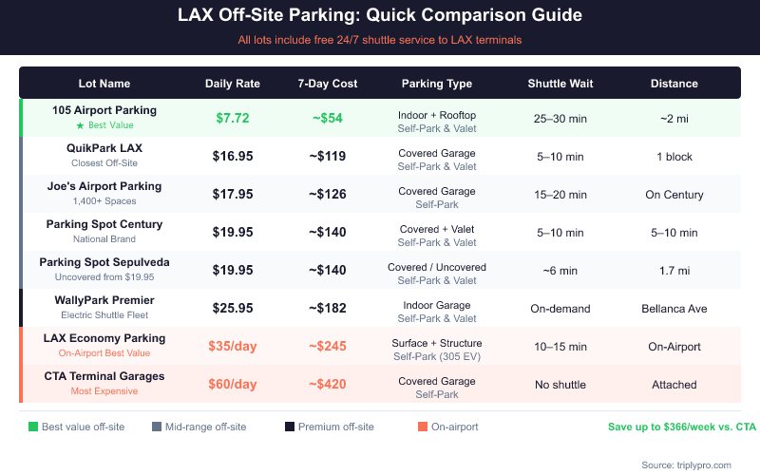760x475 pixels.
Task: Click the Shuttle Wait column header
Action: point(560,84)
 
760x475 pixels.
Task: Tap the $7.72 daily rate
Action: point(232,118)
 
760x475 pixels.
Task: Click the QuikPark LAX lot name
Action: point(104,148)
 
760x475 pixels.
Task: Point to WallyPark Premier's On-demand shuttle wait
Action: point(560,308)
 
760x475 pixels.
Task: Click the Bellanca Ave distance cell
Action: point(674,308)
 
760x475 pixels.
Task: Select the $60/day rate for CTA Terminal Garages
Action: point(232,384)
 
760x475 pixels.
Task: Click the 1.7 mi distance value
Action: point(674,270)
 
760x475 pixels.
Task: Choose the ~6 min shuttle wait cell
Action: point(560,270)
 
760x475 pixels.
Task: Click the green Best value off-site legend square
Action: point(33,427)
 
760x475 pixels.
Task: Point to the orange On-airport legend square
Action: point(421,427)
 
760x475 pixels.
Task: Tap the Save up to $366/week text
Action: point(681,427)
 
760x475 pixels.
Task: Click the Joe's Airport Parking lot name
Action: point(104,186)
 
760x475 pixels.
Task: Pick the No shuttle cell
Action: point(560,384)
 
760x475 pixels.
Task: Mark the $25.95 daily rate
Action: point(232,308)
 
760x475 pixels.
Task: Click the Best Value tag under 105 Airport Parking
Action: point(104,125)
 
